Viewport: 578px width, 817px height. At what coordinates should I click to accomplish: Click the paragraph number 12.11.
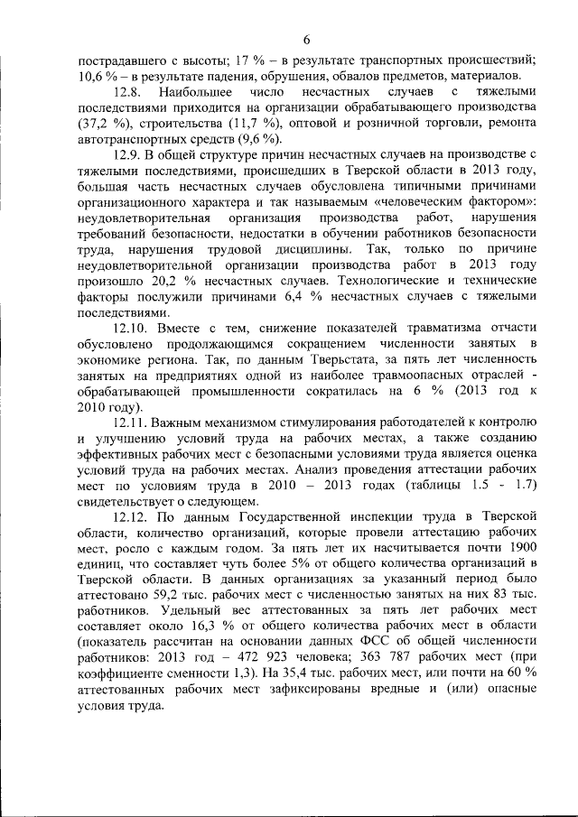point(132,422)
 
